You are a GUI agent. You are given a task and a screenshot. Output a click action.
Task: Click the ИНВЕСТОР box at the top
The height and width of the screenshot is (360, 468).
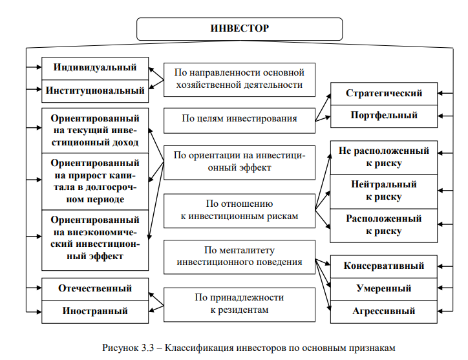point(240,29)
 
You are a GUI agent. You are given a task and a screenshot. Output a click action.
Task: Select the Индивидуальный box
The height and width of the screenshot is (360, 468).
point(95,68)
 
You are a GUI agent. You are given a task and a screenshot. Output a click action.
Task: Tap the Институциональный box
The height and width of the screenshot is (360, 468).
point(95,90)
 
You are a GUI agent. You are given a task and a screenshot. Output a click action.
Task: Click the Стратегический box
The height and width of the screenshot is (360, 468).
point(384,93)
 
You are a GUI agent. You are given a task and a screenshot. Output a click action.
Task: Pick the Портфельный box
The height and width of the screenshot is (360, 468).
point(384,116)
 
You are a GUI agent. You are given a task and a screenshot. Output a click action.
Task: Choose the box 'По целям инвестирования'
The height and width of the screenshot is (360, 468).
point(239,118)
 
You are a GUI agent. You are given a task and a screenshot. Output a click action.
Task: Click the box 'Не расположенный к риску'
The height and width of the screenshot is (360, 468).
point(384,157)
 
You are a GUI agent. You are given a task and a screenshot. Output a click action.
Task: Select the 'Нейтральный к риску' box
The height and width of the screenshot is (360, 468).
point(384,191)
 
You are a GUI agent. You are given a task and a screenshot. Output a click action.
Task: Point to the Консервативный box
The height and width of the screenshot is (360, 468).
point(384,266)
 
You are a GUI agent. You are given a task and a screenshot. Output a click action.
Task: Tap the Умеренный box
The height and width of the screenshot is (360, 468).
point(384,288)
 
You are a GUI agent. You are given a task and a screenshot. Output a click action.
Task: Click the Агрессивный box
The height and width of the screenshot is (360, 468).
point(384,311)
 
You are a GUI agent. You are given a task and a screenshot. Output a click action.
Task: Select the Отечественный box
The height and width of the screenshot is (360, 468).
point(95,288)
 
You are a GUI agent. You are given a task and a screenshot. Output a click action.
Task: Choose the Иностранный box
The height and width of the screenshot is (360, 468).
point(95,311)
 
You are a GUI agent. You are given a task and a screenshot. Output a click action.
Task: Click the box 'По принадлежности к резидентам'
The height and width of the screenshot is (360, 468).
point(239,304)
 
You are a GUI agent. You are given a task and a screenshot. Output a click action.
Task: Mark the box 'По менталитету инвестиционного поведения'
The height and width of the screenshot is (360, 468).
point(239,256)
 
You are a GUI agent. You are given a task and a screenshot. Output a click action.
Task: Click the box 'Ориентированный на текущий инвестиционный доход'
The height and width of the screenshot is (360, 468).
point(95,131)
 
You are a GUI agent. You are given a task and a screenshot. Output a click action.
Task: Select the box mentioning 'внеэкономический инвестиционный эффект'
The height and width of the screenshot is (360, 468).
point(95,238)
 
